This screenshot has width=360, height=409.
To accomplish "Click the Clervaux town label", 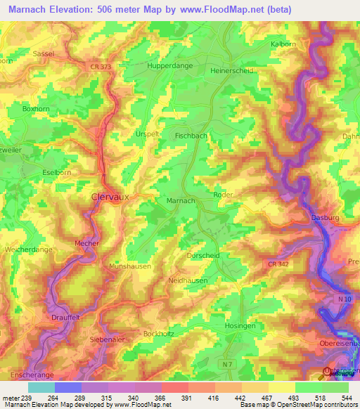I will click(x=110, y=197).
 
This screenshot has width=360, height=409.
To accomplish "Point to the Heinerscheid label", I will click(x=231, y=71).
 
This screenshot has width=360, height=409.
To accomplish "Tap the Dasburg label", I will click(x=325, y=219).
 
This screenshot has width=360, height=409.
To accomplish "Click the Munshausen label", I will click(x=131, y=267).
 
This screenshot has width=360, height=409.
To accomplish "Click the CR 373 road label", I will click(x=101, y=66).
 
